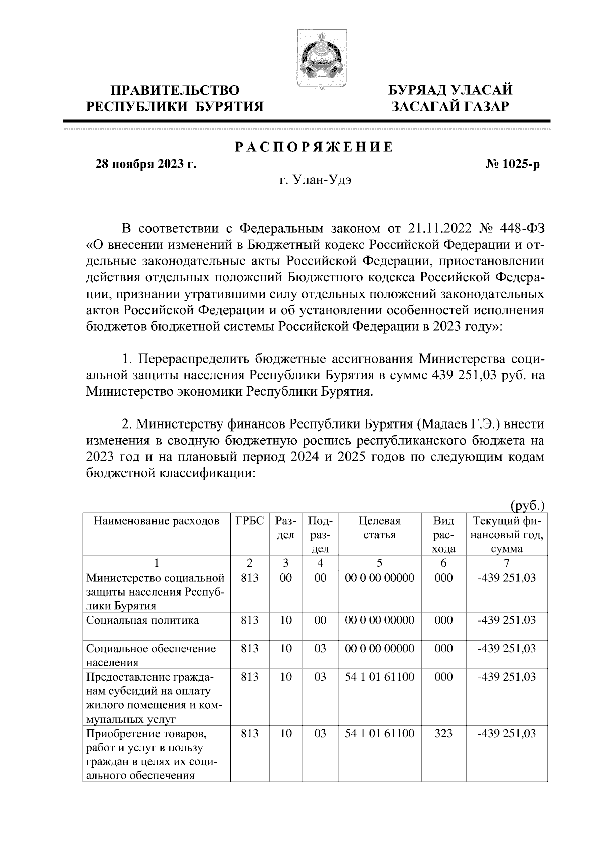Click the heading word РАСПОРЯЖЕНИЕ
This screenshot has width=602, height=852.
[x=315, y=147]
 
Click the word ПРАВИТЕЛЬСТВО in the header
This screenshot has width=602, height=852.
[x=175, y=90]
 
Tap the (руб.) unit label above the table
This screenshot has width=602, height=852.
[x=527, y=506]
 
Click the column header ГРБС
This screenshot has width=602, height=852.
[x=249, y=521]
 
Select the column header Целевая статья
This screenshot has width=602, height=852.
[x=379, y=528]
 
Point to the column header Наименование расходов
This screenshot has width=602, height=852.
[x=157, y=521]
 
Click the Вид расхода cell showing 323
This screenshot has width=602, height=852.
[x=443, y=733]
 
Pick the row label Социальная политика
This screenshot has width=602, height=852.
[x=142, y=620]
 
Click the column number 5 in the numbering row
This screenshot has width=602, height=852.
[x=379, y=562]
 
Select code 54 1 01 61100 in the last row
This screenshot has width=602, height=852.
[x=380, y=733]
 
